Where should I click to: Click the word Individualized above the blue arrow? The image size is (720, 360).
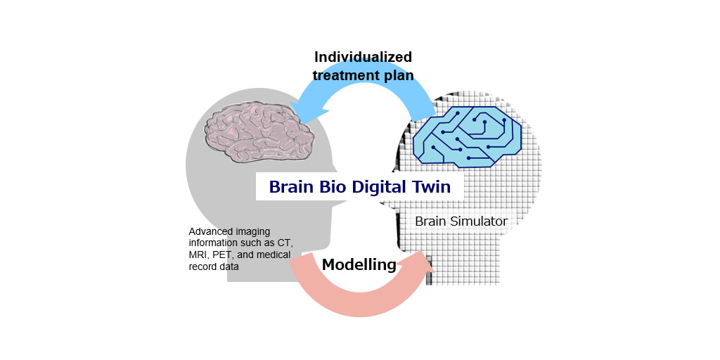coord(363,57)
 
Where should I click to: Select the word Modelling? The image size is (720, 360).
coord(359,265)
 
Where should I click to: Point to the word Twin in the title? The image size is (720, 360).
coord(430,187)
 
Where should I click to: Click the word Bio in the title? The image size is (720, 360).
coord(333,187)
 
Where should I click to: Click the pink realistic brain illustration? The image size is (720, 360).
coord(252,129)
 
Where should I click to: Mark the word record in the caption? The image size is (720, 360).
coord(204,266)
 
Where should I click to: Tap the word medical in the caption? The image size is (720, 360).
coord(274,255)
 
